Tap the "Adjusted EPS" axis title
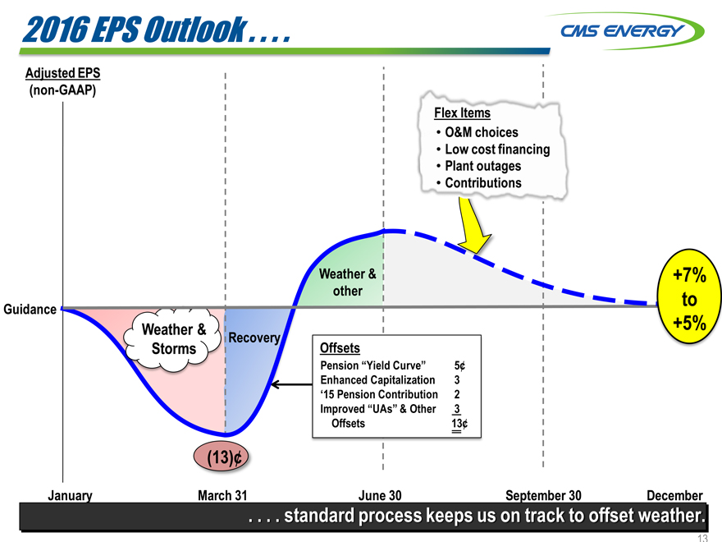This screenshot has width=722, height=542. tap(63, 72)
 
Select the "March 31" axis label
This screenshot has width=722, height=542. tap(222, 495)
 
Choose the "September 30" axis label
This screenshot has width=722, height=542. tap(543, 495)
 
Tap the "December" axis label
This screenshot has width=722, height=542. tap(674, 495)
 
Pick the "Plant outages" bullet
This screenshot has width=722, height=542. tap(482, 166)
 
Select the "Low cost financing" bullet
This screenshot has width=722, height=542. tap(496, 149)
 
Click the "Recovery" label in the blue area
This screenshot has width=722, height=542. tap(254, 338)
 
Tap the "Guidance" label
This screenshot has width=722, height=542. tap(30, 310)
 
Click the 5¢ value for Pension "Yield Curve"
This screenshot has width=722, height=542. tap(459, 365)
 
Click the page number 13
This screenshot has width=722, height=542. tap(701, 538)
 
